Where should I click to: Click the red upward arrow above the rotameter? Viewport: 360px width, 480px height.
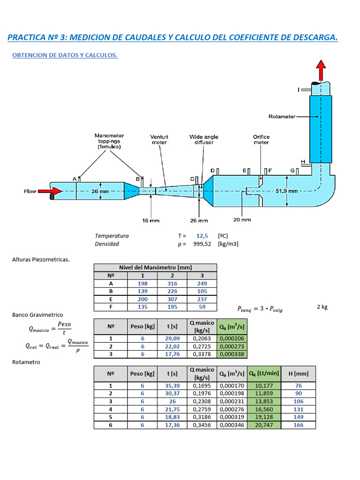click(321, 70)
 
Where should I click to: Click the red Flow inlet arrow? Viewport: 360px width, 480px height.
click(50, 191)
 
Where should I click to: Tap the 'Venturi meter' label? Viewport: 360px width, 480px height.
click(159, 140)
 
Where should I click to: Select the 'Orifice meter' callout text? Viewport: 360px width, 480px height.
click(261, 140)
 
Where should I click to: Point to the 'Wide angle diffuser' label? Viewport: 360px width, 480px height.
click(204, 140)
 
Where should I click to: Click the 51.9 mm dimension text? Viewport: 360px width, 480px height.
click(286, 191)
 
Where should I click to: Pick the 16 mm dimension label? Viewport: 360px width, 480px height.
click(150, 220)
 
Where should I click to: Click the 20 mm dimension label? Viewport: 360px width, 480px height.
click(242, 219)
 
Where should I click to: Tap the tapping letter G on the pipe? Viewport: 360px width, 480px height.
click(292, 171)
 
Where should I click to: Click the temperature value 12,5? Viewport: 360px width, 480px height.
click(202, 236)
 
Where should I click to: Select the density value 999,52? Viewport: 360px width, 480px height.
click(202, 244)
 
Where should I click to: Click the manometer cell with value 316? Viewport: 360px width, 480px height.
click(172, 284)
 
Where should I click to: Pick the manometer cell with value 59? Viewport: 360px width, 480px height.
click(202, 307)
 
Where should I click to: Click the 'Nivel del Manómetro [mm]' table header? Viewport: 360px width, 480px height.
click(156, 267)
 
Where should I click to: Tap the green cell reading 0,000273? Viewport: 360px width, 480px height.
click(232, 346)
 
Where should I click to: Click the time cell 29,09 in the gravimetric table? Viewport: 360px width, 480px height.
click(172, 338)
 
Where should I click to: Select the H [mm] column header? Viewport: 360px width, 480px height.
click(299, 374)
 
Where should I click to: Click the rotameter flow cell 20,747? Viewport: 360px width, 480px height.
click(264, 425)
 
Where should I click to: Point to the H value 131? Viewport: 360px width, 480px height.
click(299, 409)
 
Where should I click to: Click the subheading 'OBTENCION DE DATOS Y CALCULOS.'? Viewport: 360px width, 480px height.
click(65, 55)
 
